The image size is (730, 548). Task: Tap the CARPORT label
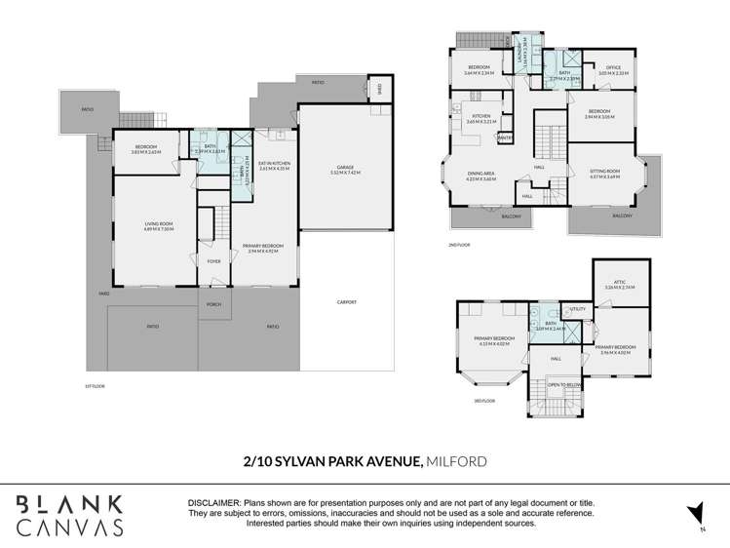point(346,302)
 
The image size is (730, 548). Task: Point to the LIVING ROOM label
point(160,225)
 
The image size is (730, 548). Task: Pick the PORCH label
point(212,304)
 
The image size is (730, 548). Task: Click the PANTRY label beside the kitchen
point(505,137)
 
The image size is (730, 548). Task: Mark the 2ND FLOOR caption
point(459,245)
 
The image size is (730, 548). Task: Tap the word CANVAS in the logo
point(70,528)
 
